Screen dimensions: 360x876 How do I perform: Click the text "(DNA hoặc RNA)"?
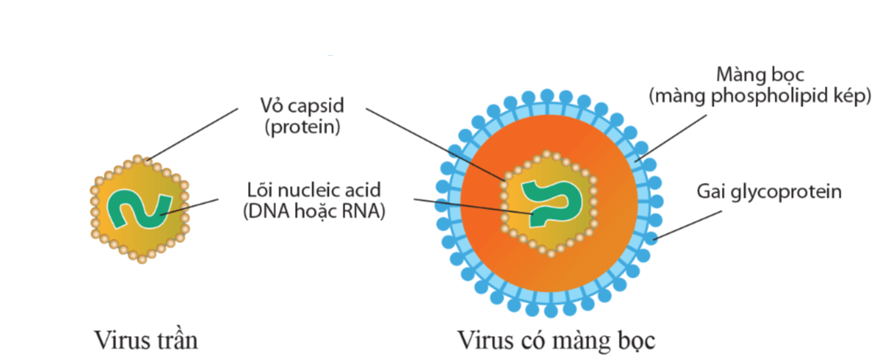(x=312, y=211)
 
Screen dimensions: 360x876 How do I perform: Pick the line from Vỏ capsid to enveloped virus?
(x=429, y=140)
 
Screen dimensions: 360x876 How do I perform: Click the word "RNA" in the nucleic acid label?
(x=367, y=211)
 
